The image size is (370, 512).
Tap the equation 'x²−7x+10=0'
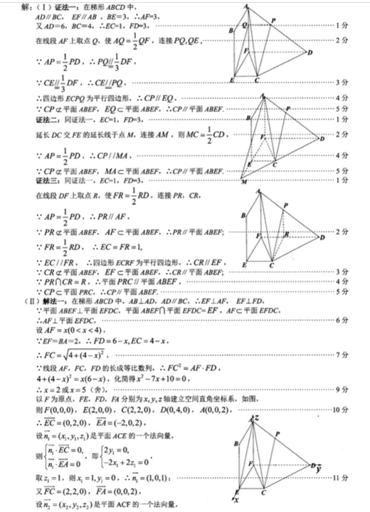coord(143,377)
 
